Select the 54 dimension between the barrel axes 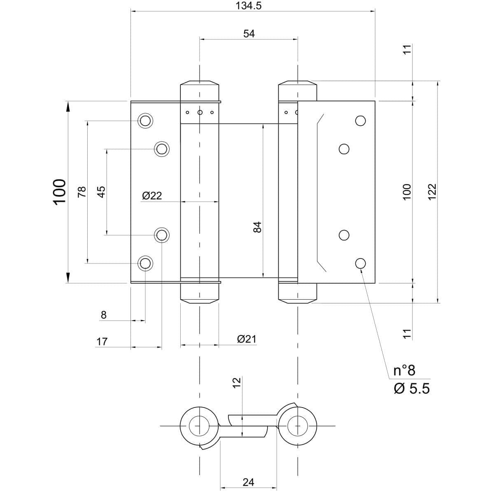249,34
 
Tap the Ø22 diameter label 152,196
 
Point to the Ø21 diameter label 247,339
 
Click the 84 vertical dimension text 257,227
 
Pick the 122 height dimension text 432,191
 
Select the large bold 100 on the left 59,191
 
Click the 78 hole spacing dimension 82,191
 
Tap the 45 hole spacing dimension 101,191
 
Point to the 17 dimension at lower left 102,341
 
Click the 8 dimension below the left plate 103,315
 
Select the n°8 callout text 404,370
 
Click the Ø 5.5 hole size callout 411,388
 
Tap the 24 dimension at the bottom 248,482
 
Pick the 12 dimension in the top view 236,382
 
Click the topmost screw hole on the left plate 145,121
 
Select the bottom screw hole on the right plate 360,263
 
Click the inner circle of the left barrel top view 200,425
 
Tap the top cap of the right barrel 298,90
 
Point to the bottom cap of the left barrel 200,293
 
